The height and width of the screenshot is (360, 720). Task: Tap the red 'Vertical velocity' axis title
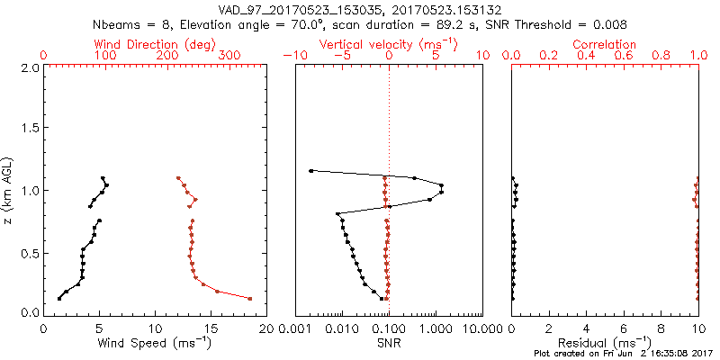(x=388, y=43)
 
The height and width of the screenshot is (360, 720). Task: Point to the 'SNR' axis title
(x=389, y=343)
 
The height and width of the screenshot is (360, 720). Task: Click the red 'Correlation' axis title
(x=605, y=43)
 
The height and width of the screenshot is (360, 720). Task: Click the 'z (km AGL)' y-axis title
(x=11, y=190)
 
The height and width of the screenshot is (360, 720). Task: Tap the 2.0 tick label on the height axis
(x=31, y=67)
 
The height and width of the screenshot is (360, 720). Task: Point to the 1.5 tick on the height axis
(x=31, y=129)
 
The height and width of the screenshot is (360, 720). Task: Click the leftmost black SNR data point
(x=311, y=171)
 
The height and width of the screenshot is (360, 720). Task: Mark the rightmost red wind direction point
(x=250, y=299)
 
